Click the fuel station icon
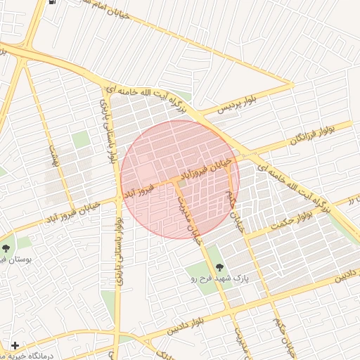pos(54,2)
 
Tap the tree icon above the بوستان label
pos(6,248)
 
